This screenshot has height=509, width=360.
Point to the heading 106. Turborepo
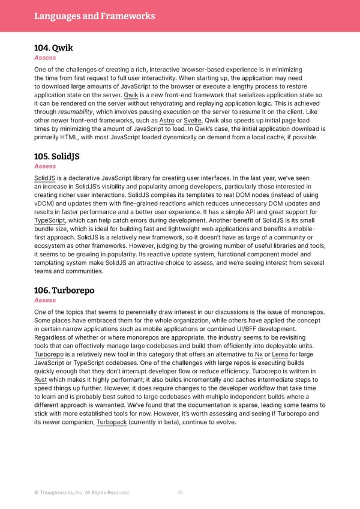coord(64,291)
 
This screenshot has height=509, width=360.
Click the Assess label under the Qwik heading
coord(45,58)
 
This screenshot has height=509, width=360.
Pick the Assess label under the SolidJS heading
coord(45,166)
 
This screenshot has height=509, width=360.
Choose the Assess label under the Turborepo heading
coord(45,300)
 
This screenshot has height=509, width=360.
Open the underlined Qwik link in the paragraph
coord(131,95)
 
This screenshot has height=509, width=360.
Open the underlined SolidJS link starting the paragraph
coord(45,178)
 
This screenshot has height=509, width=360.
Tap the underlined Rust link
coord(41,380)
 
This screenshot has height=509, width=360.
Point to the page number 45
coord(180,493)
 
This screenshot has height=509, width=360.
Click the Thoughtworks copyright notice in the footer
coord(82,493)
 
